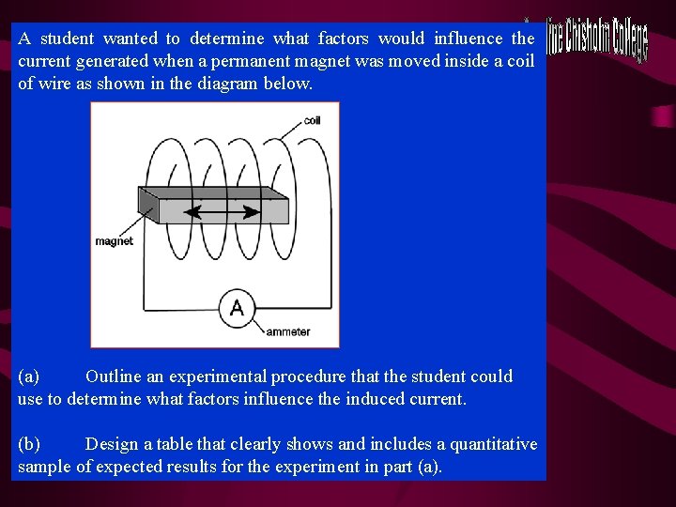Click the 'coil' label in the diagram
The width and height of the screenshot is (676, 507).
(x=312, y=121)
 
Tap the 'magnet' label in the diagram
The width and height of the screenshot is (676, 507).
(x=114, y=241)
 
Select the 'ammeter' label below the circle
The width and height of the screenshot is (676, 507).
(x=287, y=331)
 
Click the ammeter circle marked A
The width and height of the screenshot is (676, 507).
(x=237, y=308)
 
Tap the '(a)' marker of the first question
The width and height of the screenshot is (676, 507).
(x=28, y=376)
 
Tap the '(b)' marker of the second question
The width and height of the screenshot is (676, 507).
(x=29, y=444)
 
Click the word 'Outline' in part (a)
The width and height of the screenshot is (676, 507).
(x=113, y=376)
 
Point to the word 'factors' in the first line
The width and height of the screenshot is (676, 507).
(x=347, y=38)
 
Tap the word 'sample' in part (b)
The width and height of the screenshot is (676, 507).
(x=45, y=467)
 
